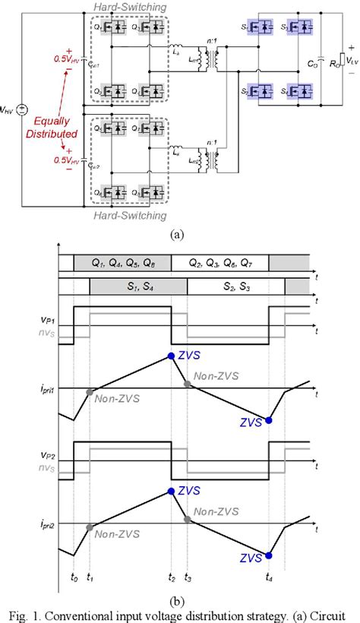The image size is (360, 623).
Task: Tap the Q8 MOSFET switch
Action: point(158,194)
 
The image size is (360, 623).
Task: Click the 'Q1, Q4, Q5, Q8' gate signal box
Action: point(122,263)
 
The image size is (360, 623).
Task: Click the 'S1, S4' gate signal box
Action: point(137,286)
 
